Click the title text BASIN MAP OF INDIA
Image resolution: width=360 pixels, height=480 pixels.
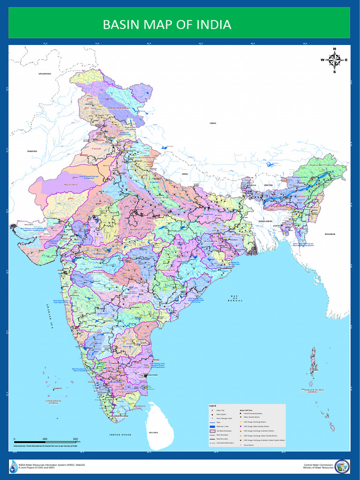(167, 24)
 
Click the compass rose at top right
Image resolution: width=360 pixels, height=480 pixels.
(334, 60)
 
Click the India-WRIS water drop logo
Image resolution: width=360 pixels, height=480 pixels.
(13, 466)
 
